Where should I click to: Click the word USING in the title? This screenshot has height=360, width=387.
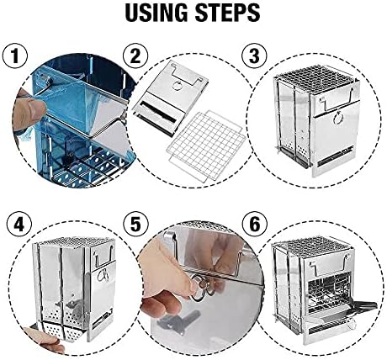(x=157, y=13)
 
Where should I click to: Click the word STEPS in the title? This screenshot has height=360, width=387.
(x=228, y=13)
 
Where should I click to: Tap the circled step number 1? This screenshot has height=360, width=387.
(x=15, y=56)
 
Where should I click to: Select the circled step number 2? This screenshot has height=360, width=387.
(x=135, y=56)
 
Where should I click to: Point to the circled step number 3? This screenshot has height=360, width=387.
(x=254, y=56)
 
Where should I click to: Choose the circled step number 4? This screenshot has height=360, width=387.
(x=19, y=225)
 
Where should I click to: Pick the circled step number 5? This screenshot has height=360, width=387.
(x=136, y=225)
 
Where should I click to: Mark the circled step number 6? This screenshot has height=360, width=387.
(x=255, y=225)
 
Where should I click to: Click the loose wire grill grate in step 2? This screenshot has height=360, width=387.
(x=205, y=146)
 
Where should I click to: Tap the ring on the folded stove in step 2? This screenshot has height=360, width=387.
(x=177, y=86)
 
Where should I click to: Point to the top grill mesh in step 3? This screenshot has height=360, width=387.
(x=315, y=73)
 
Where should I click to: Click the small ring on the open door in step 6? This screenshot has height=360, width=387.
(x=351, y=324)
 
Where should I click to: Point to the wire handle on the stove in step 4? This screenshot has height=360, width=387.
(x=104, y=256)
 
